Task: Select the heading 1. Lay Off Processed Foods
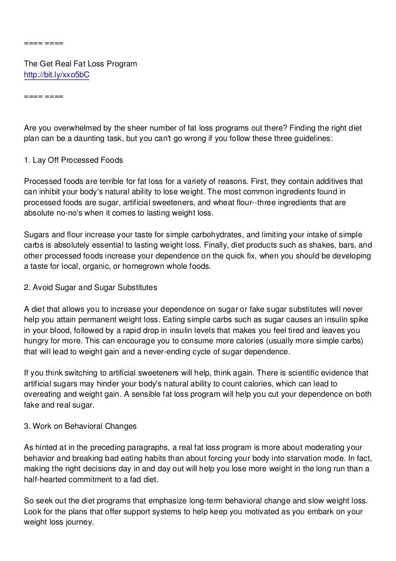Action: coord(74,161)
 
